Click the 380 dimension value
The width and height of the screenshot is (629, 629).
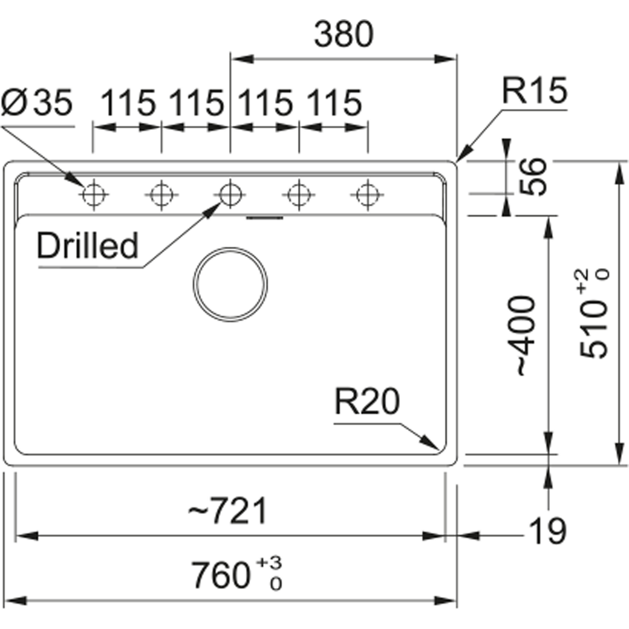pos(343,34)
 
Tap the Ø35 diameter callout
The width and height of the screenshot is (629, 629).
pos(37,103)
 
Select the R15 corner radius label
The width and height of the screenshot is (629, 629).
pos(534,91)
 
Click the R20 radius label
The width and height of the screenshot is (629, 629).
pos(367,401)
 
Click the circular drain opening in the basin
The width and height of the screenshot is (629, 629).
pos(230,285)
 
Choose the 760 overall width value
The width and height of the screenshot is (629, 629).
pos(221,575)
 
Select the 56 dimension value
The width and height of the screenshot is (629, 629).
pos(533,177)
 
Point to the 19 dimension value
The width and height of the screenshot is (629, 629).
pos(546,531)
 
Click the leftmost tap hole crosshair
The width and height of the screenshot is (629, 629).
pos(93,195)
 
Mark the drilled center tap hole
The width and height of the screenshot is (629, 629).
pos(230,194)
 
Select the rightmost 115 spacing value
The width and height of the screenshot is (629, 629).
pos(334,103)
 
